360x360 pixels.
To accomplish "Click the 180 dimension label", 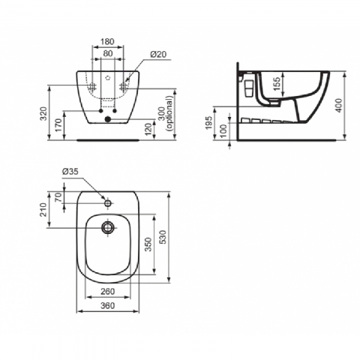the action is pos(108,41).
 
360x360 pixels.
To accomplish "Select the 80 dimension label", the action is pos(108,53).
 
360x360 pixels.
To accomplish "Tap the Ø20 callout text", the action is pos(158,54).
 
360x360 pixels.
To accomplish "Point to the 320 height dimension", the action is pos(44,113).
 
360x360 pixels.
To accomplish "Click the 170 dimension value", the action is pos(58,125).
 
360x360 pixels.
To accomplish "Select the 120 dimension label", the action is pos(148,130).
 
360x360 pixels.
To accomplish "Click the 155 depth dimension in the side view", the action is pos(277,84).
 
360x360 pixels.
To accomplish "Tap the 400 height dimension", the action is pos(338,106).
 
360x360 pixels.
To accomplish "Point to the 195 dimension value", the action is pos(208,122).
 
